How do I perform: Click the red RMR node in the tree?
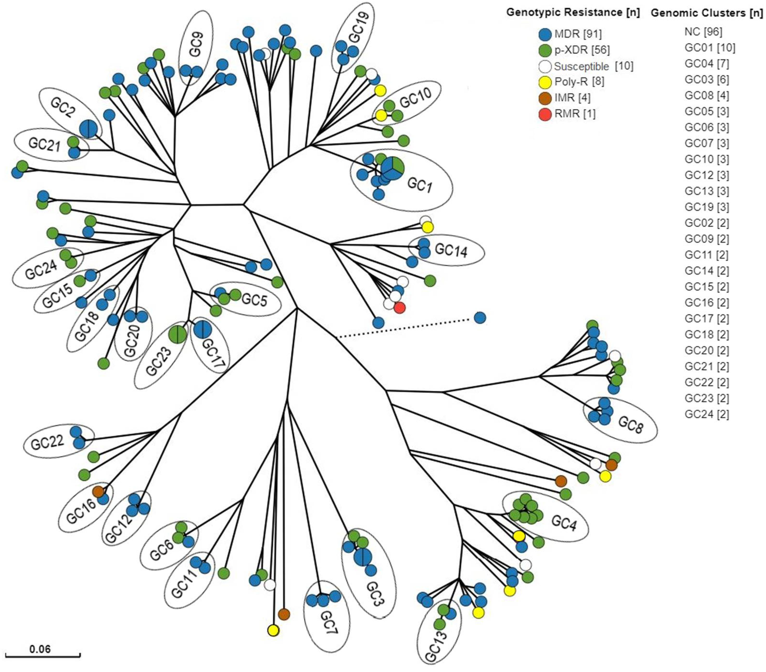(400, 308)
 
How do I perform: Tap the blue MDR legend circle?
(545, 34)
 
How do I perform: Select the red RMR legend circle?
(545, 113)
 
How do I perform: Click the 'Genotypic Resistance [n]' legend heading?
(573, 12)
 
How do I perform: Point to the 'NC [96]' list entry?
(703, 32)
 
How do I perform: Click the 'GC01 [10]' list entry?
(710, 48)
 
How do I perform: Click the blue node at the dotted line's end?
(480, 318)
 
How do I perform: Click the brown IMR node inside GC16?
(98, 491)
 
